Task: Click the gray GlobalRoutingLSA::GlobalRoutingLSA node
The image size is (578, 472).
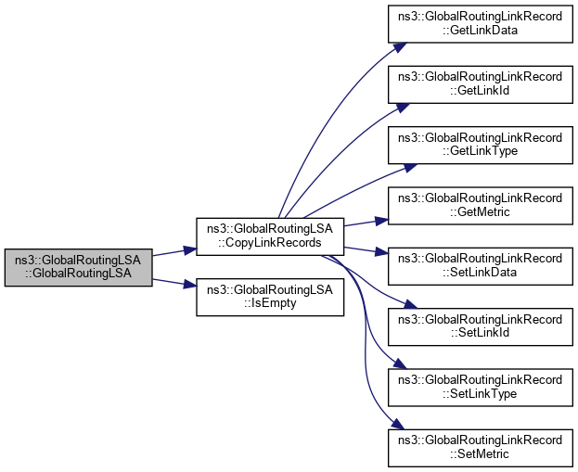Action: click(x=78, y=268)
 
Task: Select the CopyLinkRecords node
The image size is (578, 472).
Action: click(x=270, y=236)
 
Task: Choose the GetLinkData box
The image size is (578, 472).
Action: click(x=480, y=22)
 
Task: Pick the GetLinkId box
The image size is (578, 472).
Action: click(x=480, y=84)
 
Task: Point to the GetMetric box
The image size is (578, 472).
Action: click(x=480, y=206)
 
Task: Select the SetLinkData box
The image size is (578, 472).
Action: click(x=480, y=266)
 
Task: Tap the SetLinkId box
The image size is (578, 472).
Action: click(x=480, y=326)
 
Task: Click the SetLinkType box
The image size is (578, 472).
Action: click(x=480, y=387)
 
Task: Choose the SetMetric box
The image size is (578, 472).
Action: click(x=480, y=447)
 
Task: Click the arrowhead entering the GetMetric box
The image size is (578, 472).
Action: click(x=381, y=220)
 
